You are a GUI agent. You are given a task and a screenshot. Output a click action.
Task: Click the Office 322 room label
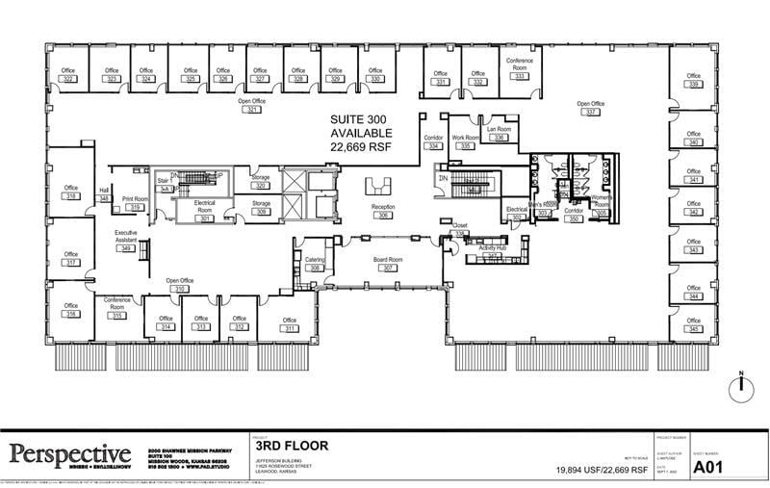[68, 75]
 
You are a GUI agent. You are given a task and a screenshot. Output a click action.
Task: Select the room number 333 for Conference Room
[520, 76]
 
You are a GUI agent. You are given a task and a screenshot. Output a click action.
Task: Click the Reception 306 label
[384, 212]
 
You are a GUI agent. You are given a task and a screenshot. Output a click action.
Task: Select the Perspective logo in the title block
[70, 453]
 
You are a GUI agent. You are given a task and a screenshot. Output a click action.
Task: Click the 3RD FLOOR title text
[293, 446]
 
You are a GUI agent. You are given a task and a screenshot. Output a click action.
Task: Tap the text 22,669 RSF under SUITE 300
[361, 146]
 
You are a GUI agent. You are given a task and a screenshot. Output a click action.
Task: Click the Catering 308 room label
[315, 264]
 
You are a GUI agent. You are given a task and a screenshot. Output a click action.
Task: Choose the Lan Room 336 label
[498, 133]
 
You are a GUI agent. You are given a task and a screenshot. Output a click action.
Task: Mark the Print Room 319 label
[136, 203]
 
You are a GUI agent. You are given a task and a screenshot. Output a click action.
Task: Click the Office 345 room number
[693, 330]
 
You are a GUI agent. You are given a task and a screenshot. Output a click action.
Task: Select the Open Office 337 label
[590, 108]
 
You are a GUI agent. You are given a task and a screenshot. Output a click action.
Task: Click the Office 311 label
[290, 324]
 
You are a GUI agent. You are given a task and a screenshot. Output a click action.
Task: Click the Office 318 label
[70, 192]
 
